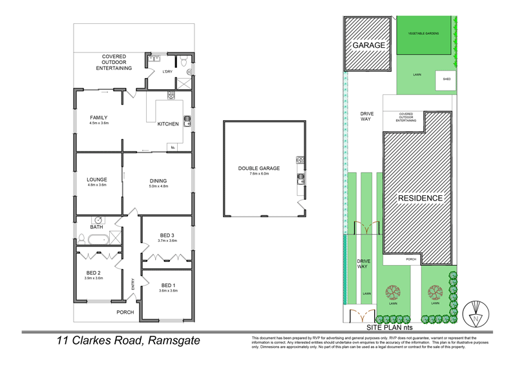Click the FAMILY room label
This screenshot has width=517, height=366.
point(99,118)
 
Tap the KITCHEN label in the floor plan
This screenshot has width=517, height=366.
point(168,124)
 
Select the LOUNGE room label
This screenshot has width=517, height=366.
point(97,180)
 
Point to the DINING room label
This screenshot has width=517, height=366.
point(158,181)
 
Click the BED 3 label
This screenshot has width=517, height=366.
point(167,235)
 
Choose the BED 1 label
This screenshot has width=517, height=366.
point(168,285)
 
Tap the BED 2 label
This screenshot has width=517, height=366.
point(94,273)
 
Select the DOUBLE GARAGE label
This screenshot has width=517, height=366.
point(259,168)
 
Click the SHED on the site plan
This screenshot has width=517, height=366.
point(446,80)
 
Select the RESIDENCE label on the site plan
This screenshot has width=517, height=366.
point(420,198)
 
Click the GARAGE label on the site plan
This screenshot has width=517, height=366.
point(369,45)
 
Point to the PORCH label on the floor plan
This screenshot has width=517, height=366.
point(125,312)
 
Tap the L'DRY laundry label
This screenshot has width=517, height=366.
point(167,71)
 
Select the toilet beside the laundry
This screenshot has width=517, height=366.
point(184,63)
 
